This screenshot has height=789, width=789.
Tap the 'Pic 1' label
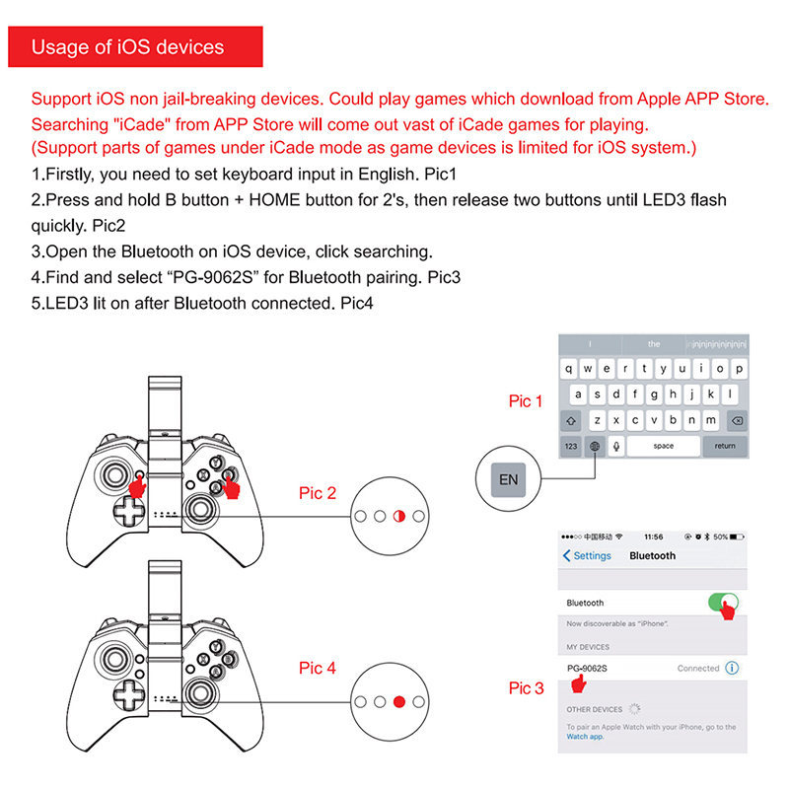[x=526, y=401]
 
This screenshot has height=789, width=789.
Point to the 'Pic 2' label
[x=318, y=493]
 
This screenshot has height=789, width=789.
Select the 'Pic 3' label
[x=526, y=688]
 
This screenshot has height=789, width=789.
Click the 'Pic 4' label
[x=318, y=669]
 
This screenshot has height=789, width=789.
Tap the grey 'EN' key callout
[x=509, y=480]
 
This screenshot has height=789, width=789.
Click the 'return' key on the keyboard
[x=725, y=446]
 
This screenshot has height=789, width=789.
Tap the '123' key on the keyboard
[x=571, y=446]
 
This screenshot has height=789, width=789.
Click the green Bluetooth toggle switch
[x=723, y=602]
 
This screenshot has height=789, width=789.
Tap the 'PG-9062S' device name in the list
[x=588, y=669]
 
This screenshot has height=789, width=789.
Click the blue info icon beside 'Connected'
[x=732, y=669]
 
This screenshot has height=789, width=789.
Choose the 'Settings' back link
[x=588, y=556]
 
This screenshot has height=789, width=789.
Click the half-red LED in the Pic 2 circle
[x=399, y=516]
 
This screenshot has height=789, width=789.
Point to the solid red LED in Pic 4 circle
[x=399, y=702]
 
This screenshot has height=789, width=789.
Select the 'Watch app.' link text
[x=586, y=737]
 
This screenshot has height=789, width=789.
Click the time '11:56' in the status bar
[x=653, y=538]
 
